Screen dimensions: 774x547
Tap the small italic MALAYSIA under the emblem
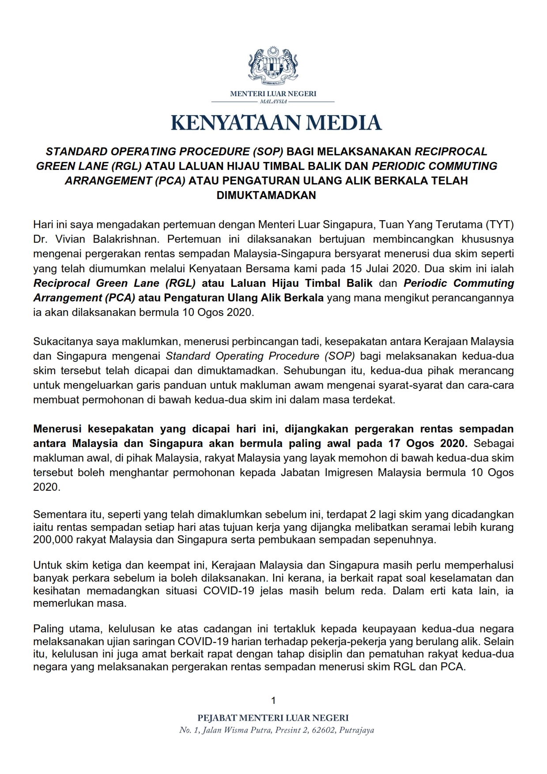[273, 101]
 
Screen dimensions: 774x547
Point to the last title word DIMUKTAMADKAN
[266, 195]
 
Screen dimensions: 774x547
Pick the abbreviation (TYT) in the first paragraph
[500, 225]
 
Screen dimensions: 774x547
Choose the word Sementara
[57, 514]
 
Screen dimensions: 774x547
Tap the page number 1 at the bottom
[273, 700]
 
